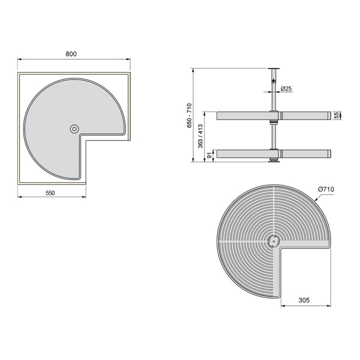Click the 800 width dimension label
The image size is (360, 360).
(x=71, y=54)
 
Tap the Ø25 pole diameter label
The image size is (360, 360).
(x=286, y=89)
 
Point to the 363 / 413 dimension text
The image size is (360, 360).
(x=201, y=136)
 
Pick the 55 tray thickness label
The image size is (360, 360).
(x=336, y=116)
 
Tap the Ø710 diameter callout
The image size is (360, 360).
(x=325, y=189)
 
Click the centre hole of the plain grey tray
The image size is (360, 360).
(x=74, y=129)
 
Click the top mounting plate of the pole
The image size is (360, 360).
(x=272, y=68)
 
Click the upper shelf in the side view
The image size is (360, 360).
(x=243, y=116)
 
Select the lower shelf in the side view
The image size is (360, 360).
(x=243, y=154)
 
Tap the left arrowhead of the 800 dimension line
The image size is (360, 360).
(x=19, y=58)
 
